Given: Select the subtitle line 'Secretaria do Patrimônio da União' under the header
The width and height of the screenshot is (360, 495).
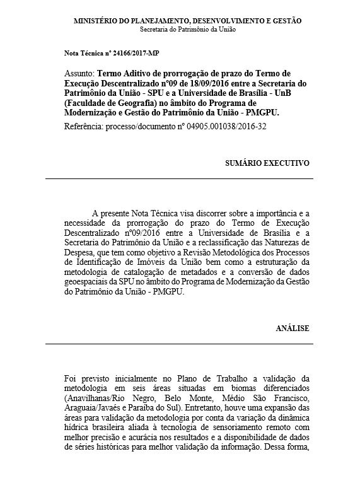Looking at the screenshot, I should click(x=189, y=29).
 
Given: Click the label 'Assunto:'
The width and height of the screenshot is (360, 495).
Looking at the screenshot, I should click(x=79, y=74).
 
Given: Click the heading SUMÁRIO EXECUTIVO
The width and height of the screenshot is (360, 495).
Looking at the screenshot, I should click(x=267, y=163).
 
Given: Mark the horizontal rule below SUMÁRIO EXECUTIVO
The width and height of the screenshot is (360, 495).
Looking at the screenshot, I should click(x=179, y=179).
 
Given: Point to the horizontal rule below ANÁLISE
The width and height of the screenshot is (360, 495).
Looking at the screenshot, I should click(x=179, y=344).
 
